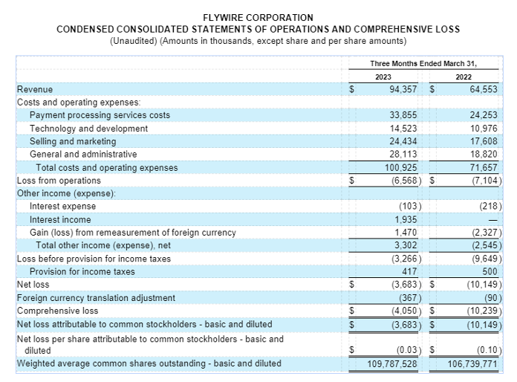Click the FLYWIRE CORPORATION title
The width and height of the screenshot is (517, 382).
tap(258, 17)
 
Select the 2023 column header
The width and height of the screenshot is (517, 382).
tap(383, 77)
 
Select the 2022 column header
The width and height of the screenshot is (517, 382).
tap(464, 77)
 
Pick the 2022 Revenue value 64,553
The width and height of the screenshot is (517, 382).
tap(484, 89)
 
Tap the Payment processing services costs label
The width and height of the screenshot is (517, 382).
tap(100, 115)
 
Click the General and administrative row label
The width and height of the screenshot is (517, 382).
tap(83, 155)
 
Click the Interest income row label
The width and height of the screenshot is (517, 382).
tap(60, 219)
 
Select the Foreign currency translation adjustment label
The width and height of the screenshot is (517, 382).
tap(96, 297)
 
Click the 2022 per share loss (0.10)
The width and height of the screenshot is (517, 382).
tap(487, 349)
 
